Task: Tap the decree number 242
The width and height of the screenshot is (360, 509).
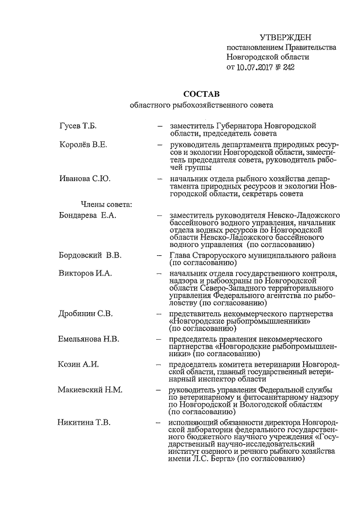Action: click(x=288, y=67)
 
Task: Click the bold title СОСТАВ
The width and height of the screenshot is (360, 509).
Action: click(x=201, y=93)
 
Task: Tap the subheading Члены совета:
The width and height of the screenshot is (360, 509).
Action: click(x=106, y=204)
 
